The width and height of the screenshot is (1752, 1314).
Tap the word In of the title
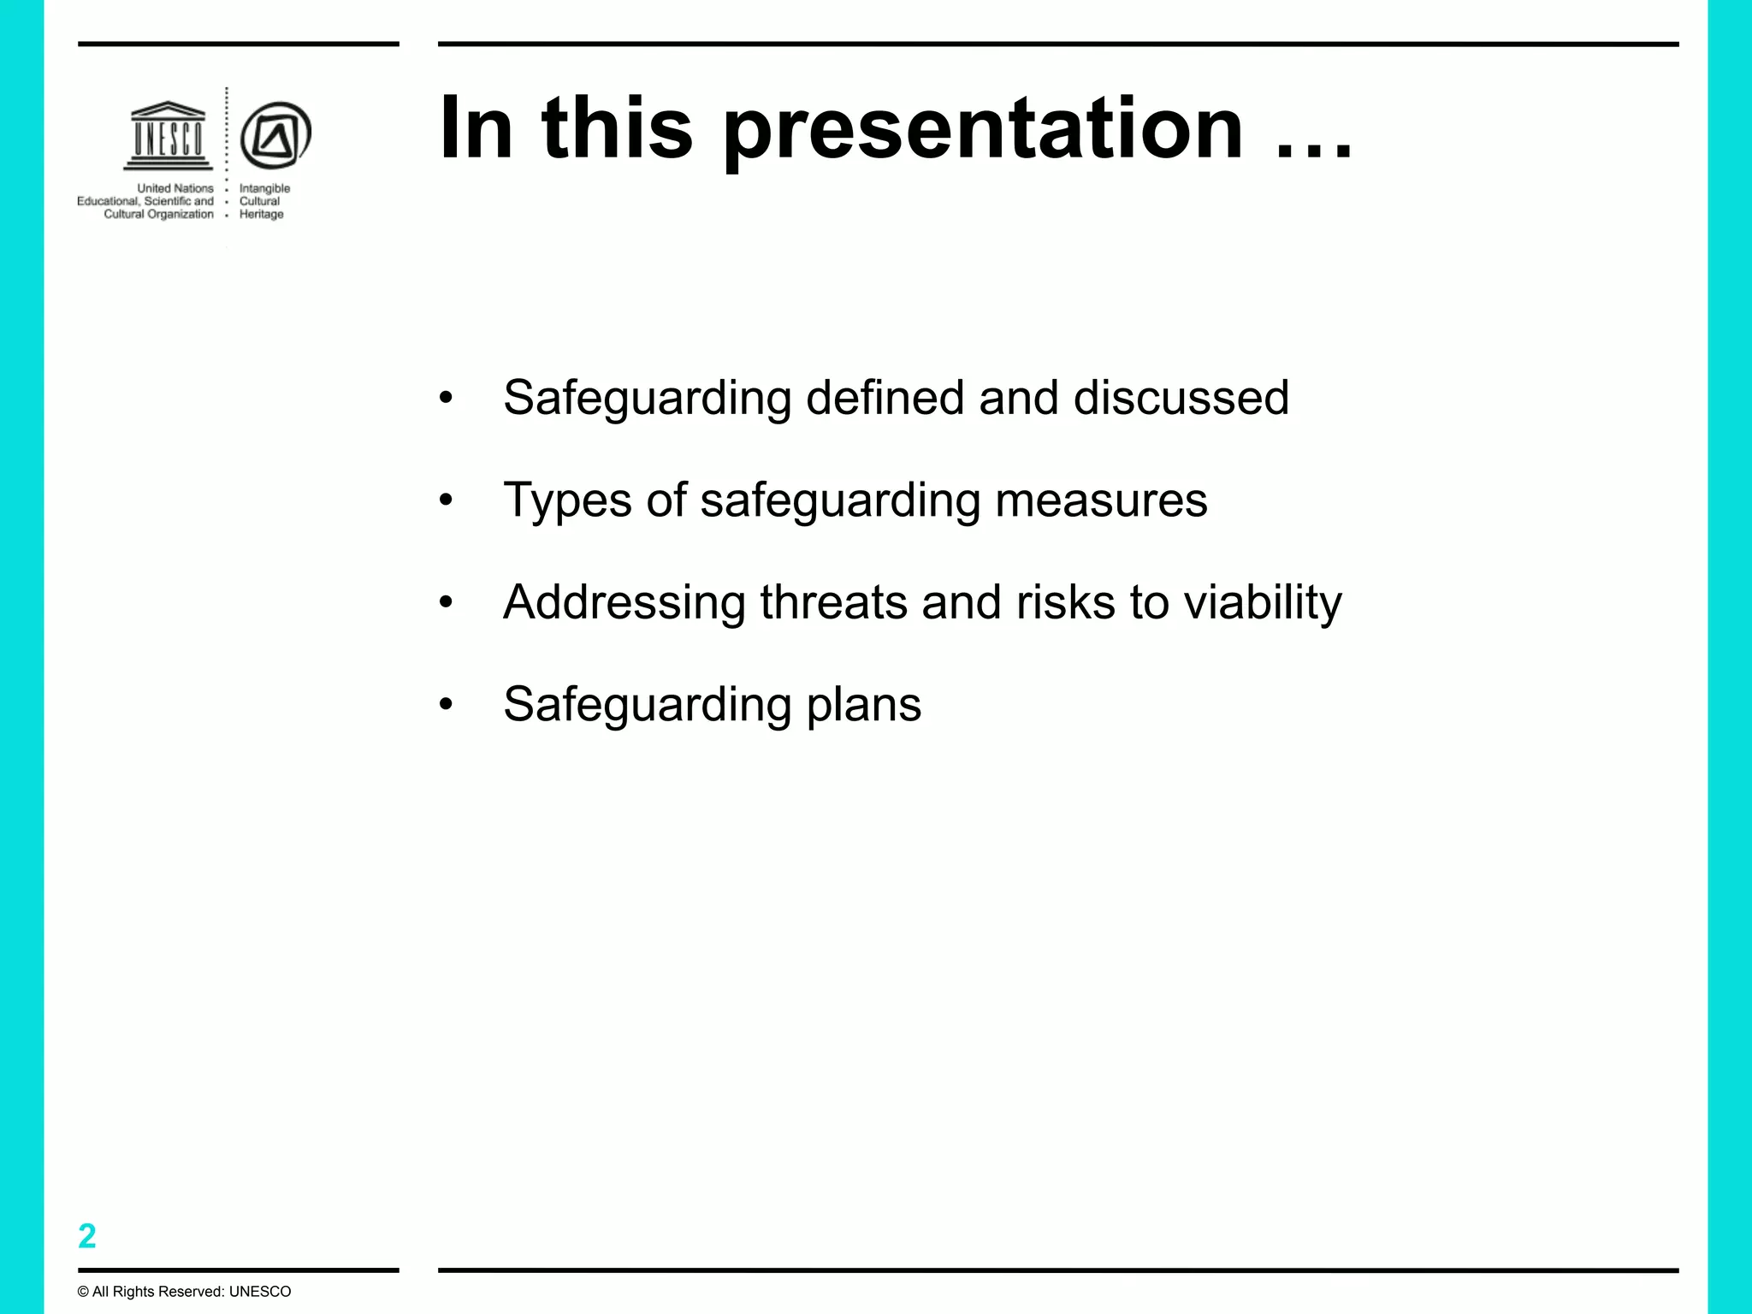(476, 128)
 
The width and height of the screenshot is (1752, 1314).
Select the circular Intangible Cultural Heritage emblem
(275, 135)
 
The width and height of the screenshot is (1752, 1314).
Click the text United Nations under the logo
(175, 188)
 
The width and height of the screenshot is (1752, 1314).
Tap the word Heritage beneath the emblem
(261, 215)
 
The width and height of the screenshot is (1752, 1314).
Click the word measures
(1101, 500)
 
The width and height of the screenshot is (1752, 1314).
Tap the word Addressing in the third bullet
(624, 603)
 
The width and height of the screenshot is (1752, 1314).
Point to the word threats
(833, 602)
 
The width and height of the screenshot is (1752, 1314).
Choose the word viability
(1263, 603)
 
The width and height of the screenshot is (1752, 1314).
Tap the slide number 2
(87, 1236)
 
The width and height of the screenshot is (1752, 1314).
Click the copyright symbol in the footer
(83, 1292)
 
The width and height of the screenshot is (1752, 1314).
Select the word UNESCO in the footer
(260, 1292)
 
